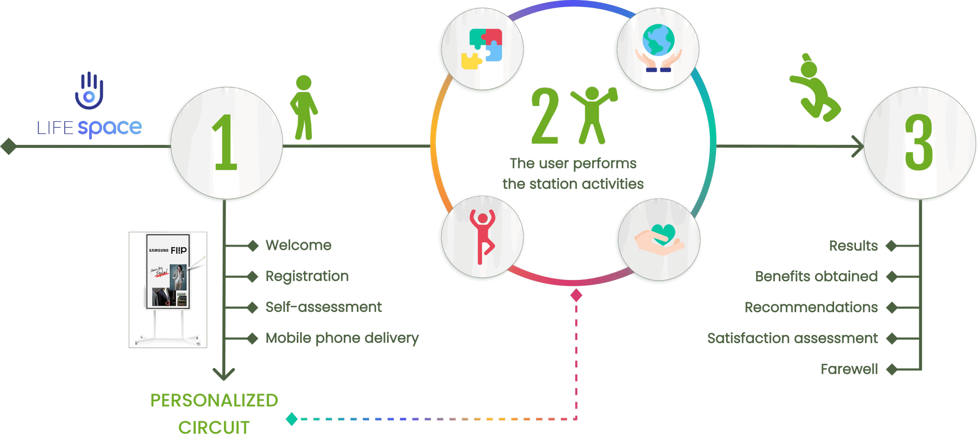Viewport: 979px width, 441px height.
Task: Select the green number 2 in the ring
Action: (545, 115)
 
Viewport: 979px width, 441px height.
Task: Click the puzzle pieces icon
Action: (482, 49)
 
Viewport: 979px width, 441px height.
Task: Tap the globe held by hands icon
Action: (658, 48)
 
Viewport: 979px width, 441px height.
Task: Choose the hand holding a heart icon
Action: (659, 240)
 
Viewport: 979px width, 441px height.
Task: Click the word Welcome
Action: (298, 245)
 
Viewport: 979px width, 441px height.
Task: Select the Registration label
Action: (307, 276)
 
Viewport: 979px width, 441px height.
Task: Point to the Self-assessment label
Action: (324, 307)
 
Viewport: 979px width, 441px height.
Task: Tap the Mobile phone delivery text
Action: (342, 338)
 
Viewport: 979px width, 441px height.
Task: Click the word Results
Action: (853, 246)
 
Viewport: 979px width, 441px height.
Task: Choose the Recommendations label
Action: (811, 307)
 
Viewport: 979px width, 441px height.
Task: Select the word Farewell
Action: (849, 369)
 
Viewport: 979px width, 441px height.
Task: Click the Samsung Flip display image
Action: (168, 290)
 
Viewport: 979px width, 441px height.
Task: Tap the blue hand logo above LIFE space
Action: (89, 91)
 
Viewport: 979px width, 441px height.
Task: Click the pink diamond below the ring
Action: (576, 295)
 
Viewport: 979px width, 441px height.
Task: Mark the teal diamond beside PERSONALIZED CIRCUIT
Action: (292, 419)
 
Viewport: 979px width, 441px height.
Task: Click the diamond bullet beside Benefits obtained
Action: (892, 276)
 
